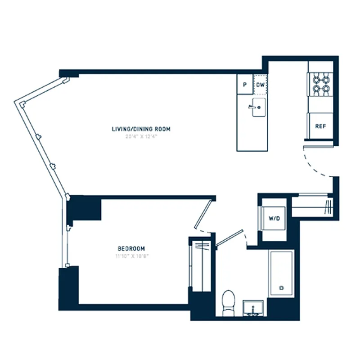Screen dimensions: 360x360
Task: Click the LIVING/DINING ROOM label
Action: coord(141,129)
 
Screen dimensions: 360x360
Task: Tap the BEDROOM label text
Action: coord(131,248)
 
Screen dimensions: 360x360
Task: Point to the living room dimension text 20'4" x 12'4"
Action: coord(141,136)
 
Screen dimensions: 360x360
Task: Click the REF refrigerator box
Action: coord(320,126)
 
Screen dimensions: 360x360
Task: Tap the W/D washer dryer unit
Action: coord(274,218)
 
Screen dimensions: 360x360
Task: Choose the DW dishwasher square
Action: coord(261,84)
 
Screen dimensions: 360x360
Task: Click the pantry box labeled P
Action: coord(245,84)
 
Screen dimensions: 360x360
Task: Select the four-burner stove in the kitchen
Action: coord(320,84)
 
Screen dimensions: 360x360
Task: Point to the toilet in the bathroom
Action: coord(229,302)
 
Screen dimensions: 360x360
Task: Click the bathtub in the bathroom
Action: coord(281,274)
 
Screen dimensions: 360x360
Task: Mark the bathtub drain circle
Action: coord(282,288)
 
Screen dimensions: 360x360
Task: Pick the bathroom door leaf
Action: coord(229,238)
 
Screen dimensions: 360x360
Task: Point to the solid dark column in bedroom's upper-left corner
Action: coord(84,208)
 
